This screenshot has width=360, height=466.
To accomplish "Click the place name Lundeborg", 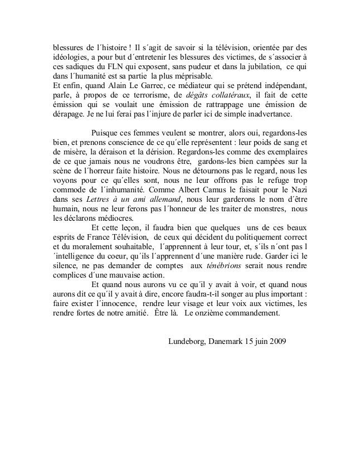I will click(187, 341).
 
